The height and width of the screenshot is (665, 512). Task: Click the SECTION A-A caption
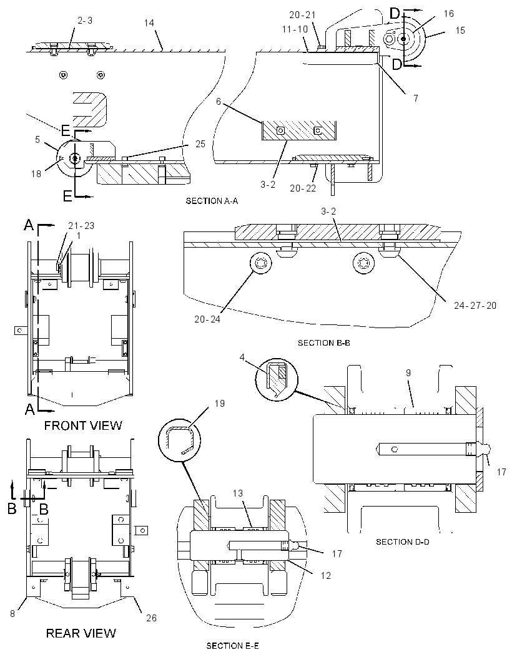click(212, 201)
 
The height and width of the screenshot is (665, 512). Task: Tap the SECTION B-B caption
click(324, 342)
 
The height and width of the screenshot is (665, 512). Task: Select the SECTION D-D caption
click(403, 542)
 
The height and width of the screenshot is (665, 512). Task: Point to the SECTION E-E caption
click(233, 646)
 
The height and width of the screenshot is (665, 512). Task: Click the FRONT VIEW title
click(83, 425)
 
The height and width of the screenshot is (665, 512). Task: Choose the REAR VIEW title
click(81, 633)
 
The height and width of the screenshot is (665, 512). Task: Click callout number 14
click(149, 23)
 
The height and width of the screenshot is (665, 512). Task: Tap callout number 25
click(200, 144)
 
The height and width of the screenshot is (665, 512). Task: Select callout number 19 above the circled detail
click(220, 404)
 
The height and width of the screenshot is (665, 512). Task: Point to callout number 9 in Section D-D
click(408, 373)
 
